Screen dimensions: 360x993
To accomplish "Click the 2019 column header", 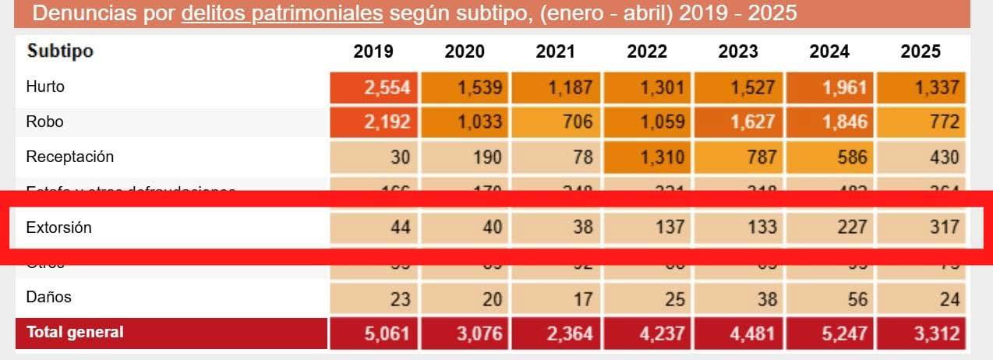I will (373, 51).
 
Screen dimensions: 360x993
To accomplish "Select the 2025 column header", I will (921, 51).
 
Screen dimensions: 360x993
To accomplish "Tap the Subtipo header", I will (60, 51).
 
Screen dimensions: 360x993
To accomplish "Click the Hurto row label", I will (45, 86).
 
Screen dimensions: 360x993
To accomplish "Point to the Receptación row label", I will (69, 157).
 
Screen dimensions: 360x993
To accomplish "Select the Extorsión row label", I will (58, 228).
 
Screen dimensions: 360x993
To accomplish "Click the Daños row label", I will (48, 297).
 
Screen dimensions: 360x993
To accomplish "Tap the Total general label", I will (75, 332).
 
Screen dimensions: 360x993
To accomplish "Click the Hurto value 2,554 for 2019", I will (387, 86).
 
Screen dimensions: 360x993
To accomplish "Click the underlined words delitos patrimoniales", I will (282, 13).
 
